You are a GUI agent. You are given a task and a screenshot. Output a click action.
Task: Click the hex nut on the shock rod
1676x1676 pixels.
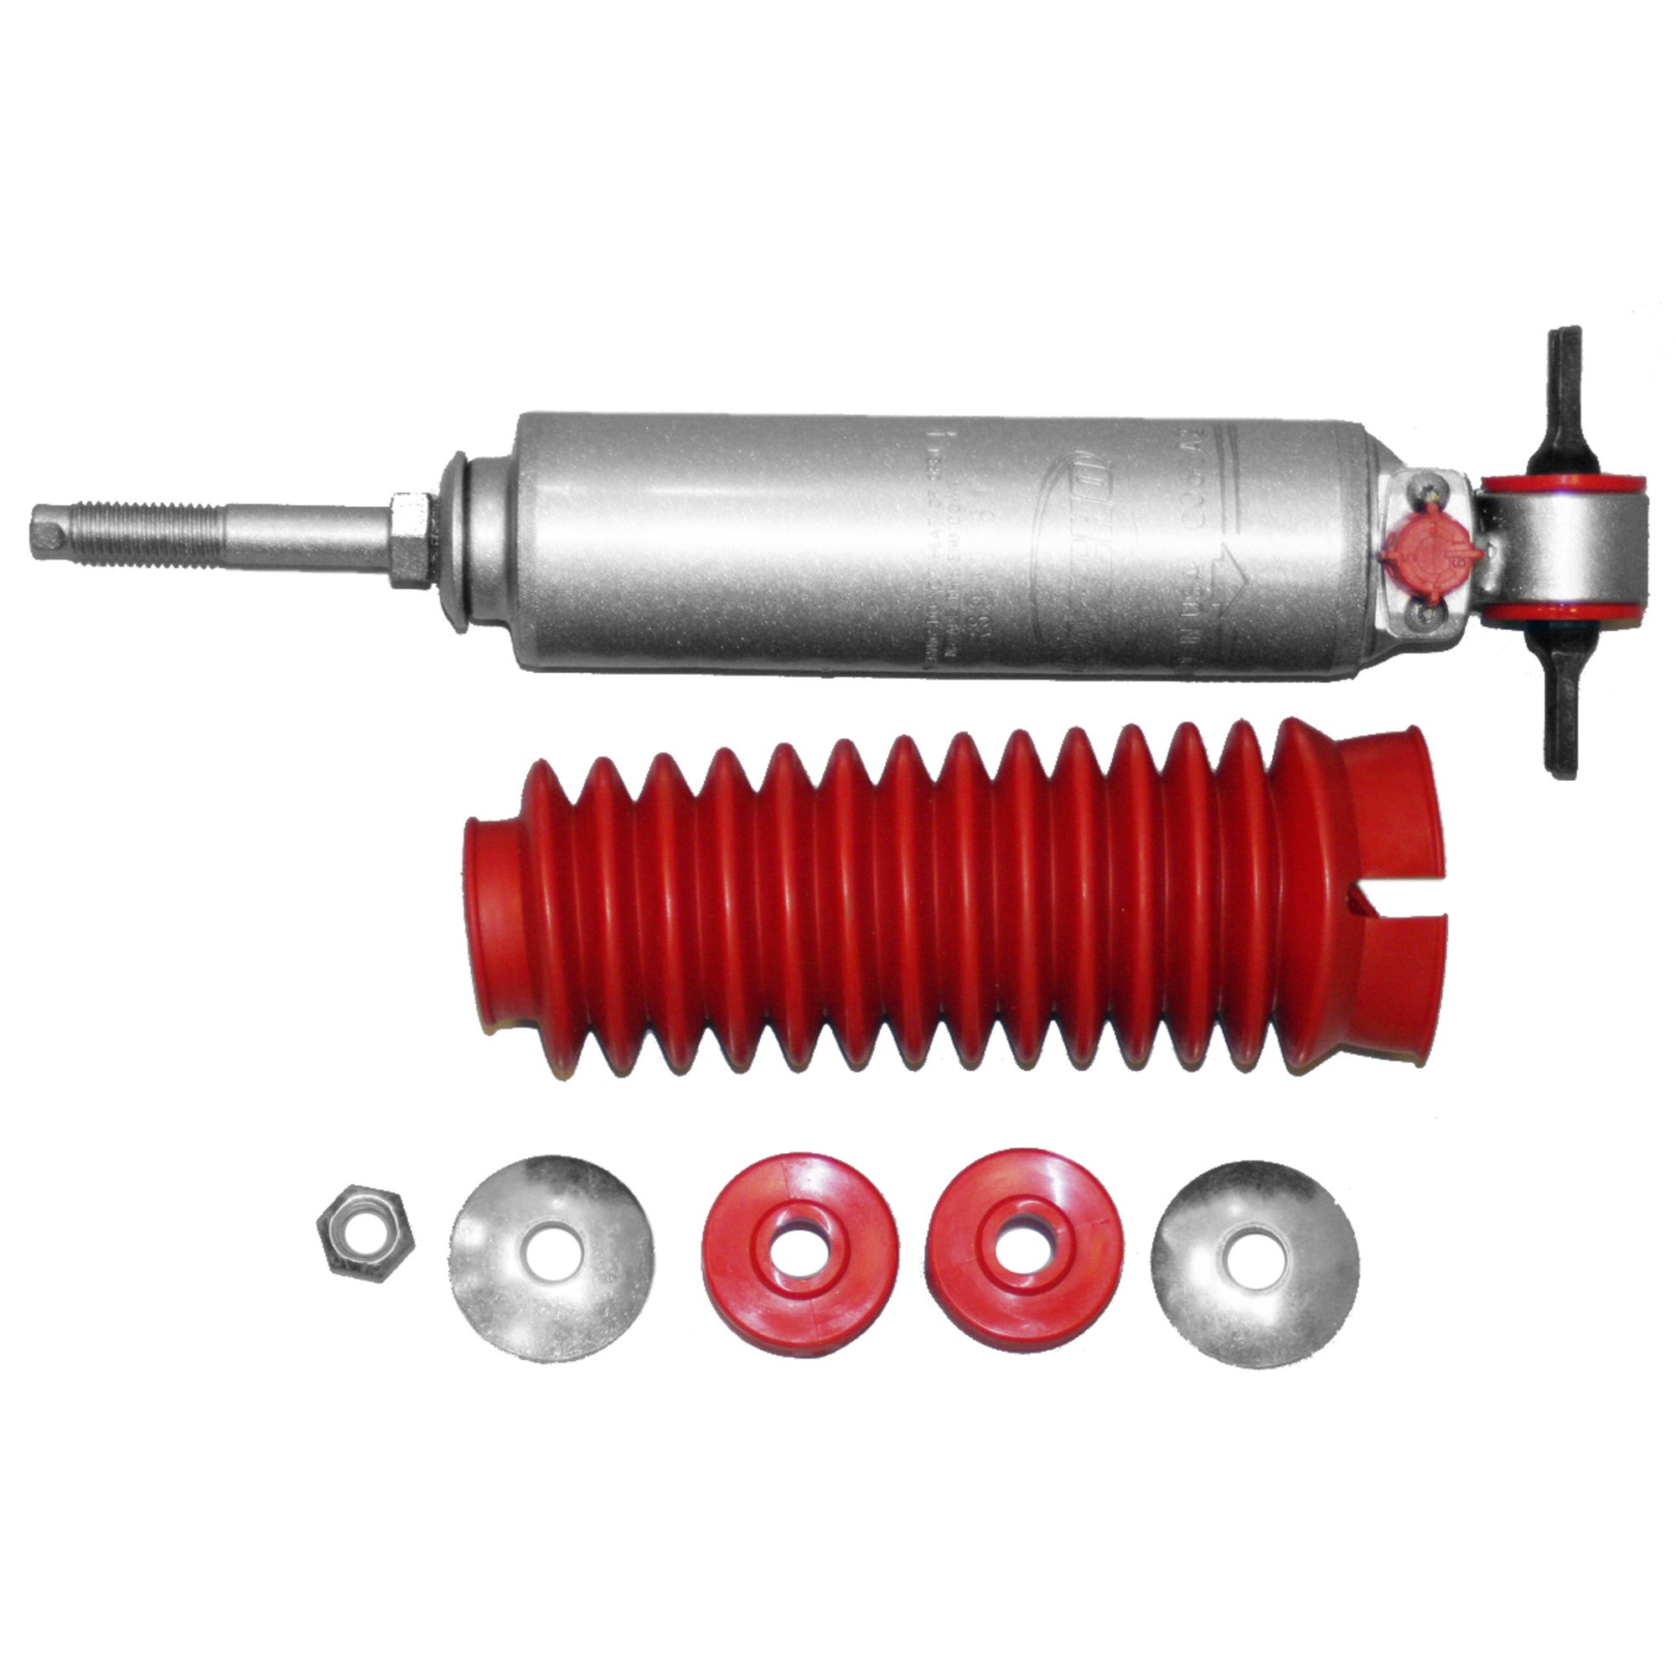(x=411, y=540)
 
